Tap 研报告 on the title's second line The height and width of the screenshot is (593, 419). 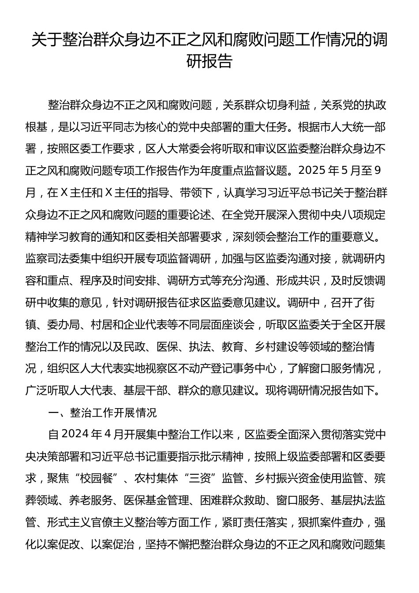click(209, 61)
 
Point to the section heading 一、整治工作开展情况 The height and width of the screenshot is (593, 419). click(102, 413)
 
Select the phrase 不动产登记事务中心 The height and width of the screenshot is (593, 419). click(228, 368)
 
